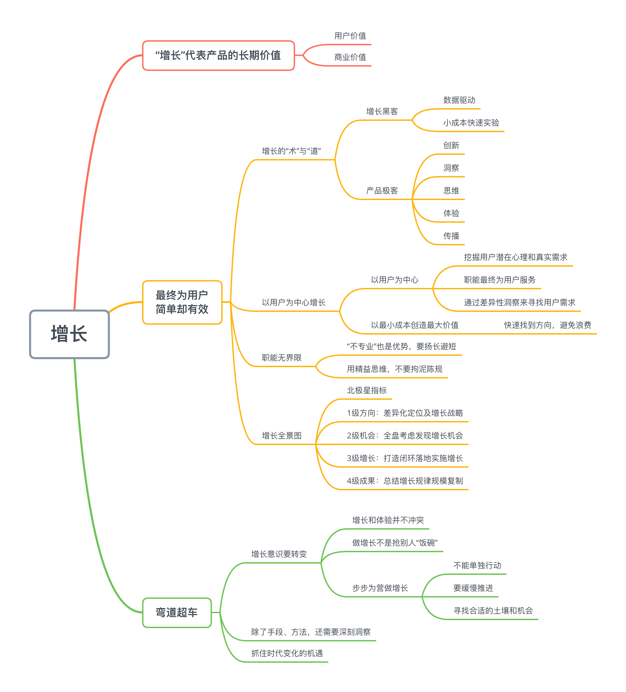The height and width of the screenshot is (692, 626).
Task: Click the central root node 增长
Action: [69, 334]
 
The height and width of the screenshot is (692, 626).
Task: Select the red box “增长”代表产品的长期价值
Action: [218, 55]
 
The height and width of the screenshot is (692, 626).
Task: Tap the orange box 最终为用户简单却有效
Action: [182, 302]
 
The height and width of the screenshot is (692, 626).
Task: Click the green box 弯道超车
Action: [177, 612]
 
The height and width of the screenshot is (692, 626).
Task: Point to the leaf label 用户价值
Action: [350, 36]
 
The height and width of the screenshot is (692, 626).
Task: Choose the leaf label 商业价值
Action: [350, 57]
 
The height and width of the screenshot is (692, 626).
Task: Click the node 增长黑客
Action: [382, 112]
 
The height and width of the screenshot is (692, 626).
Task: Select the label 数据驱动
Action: [459, 100]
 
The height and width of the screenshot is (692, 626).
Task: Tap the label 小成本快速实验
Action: [471, 123]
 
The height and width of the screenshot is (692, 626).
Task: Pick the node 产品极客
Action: [382, 191]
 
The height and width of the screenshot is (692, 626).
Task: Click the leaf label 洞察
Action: [451, 168]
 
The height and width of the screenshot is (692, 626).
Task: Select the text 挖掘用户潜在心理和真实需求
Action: [515, 257]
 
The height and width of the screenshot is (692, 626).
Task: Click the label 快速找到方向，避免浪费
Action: [547, 325]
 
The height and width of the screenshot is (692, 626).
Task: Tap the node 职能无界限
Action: [282, 358]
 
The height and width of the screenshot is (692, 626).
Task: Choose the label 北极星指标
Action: [366, 391]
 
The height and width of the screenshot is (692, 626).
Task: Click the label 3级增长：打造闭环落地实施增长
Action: [405, 458]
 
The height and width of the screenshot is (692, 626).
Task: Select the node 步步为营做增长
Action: [380, 588]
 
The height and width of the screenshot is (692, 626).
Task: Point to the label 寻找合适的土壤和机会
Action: [493, 611]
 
